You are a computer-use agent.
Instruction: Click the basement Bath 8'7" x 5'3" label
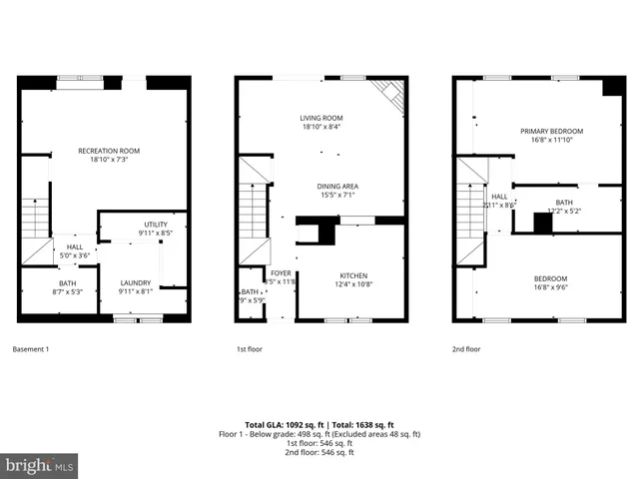[x=67, y=288]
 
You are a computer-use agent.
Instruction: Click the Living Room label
[x=320, y=122]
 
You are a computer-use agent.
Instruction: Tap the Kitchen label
[x=352, y=280]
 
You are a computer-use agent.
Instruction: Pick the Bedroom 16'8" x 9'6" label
[x=551, y=282]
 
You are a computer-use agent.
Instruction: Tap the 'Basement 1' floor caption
[x=30, y=349]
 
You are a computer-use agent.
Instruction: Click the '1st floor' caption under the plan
[x=249, y=349]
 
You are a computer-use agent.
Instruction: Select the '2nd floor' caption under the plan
[x=466, y=349]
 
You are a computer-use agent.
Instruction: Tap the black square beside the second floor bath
[x=542, y=224]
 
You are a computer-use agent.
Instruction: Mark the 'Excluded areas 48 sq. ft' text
[x=384, y=434]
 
